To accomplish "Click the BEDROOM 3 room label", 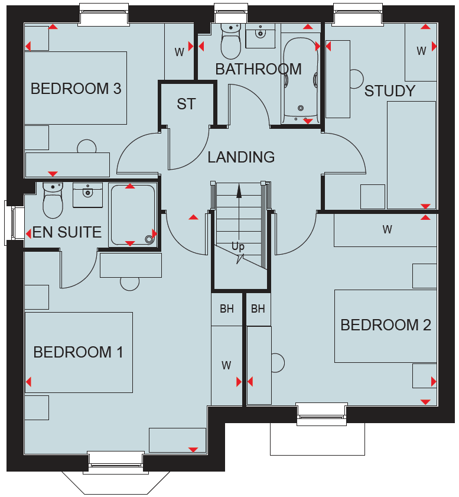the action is pos(76,89).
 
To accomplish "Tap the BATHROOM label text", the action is pos(259,69).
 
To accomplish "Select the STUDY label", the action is pos(390,91).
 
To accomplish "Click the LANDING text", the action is pos(241,157).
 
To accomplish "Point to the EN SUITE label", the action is pos(67,232).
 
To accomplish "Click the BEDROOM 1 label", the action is pos(78,352).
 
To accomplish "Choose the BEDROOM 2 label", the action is pos(386,325).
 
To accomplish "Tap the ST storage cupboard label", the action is pos(186,104).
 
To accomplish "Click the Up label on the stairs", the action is pos(238,246).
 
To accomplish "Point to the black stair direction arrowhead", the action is pos(239,191).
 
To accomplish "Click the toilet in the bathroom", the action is pos(230,41).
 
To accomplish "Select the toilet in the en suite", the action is pos(53,200).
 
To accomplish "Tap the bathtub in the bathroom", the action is pos(300,80).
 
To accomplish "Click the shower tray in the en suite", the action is pos(133,215).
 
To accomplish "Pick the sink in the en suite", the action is pos(88,195).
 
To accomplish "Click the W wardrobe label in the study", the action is pos(421,51).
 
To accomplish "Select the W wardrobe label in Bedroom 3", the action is pos(180,52).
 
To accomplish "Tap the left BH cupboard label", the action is pos(227,308).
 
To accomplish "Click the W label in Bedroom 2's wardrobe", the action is pos(387,229).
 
